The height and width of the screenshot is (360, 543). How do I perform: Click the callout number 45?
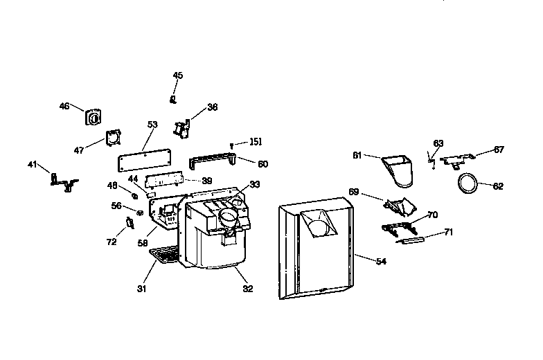[x=178, y=75]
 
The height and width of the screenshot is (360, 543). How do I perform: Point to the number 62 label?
[x=498, y=186]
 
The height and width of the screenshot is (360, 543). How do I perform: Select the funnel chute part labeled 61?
[x=398, y=170]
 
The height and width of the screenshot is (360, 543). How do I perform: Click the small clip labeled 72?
[x=129, y=223]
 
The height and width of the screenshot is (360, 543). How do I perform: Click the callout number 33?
[x=256, y=185]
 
